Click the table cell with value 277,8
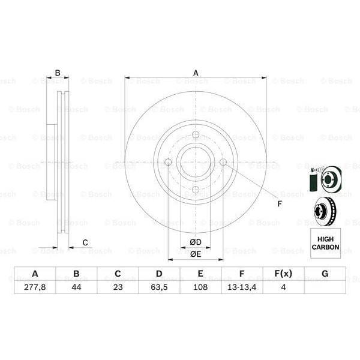point(35,287)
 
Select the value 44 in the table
point(76,287)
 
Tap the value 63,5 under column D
point(159,287)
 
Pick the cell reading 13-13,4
point(242,287)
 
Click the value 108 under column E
point(200,287)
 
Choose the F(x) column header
point(283,274)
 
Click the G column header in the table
point(325,274)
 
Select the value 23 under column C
point(118,287)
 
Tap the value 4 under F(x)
point(283,287)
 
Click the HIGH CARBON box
point(325,243)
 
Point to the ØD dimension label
point(196,242)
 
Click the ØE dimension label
point(196,254)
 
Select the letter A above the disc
point(196,73)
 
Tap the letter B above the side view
point(58,73)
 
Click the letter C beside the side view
point(85,242)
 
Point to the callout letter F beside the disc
point(279,203)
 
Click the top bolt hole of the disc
point(196,134)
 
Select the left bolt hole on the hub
point(168,162)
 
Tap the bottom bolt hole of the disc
point(196,190)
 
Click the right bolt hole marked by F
point(223,162)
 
